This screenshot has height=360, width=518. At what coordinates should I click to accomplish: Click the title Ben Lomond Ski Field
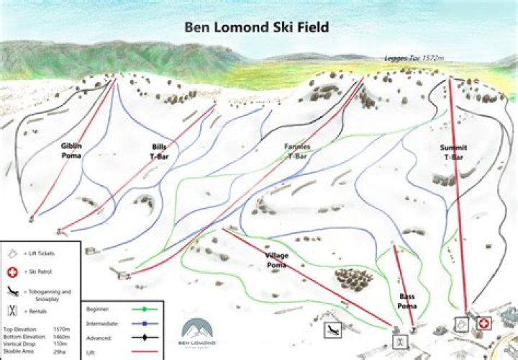[x=257, y=28]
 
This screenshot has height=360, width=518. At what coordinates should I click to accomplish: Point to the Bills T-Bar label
[x=159, y=150]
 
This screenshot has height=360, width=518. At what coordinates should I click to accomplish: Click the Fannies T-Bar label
[x=298, y=150]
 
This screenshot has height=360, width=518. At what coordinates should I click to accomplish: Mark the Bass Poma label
[x=408, y=301]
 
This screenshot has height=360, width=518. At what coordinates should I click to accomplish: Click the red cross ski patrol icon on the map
[x=483, y=325]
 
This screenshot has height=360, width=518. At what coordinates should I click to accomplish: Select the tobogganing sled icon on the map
[x=333, y=330]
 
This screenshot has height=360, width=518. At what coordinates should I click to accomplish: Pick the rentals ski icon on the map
[x=397, y=338]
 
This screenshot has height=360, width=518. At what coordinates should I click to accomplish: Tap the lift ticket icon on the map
[x=461, y=325]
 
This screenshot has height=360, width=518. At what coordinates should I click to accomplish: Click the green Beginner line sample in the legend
[x=144, y=309]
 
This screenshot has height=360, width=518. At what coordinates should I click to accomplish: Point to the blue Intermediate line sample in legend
[x=144, y=323]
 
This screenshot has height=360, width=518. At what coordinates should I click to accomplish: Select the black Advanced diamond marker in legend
[x=144, y=337]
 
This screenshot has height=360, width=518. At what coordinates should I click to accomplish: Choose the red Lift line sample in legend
[x=144, y=351]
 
